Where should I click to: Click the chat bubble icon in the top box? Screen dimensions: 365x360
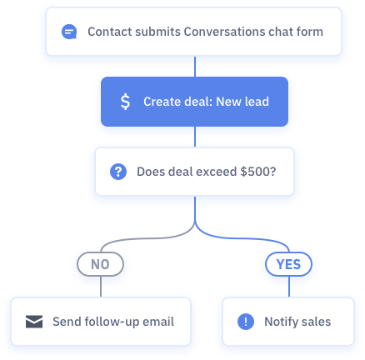tap(69, 32)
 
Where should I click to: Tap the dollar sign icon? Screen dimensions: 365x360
tap(125, 102)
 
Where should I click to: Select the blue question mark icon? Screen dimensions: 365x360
tap(118, 172)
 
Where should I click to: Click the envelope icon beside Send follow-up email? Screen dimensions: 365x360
tap(34, 322)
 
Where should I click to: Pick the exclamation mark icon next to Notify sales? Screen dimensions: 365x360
tap(246, 322)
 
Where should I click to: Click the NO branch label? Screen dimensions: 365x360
tap(100, 264)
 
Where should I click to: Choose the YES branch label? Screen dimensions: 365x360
tap(289, 264)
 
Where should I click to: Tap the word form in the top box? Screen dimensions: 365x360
tap(310, 32)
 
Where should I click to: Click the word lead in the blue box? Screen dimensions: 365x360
tap(257, 102)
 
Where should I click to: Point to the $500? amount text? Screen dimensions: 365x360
tap(258, 172)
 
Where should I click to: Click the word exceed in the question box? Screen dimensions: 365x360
tap(217, 172)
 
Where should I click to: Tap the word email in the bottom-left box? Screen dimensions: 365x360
tap(158, 322)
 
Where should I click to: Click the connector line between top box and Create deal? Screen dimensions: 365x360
tap(195, 67)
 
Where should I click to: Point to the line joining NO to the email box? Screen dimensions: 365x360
tap(101, 287)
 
